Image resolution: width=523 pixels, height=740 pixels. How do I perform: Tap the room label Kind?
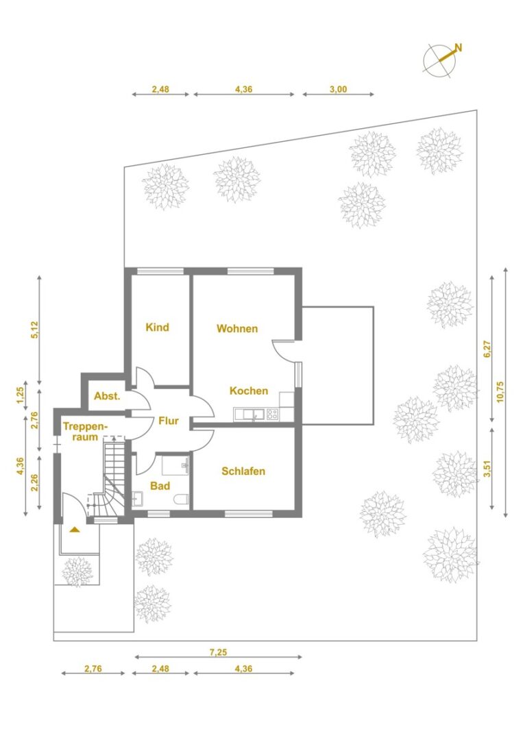[157, 327]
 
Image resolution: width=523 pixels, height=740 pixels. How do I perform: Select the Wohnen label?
[237, 328]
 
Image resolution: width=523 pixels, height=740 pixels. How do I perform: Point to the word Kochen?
[249, 391]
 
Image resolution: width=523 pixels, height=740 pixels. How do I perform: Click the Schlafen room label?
[243, 471]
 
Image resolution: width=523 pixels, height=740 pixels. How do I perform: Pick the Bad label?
[160, 486]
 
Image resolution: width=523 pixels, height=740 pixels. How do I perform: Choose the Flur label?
[169, 421]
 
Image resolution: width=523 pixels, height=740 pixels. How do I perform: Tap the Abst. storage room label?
[107, 396]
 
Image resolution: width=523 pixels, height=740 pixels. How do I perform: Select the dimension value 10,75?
[500, 392]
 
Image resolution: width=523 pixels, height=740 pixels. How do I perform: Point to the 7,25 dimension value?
[218, 652]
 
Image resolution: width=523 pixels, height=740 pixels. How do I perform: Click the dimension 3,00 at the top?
[338, 89]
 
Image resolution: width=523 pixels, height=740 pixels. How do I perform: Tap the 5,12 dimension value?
[34, 330]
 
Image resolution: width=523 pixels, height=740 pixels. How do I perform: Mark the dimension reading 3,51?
[487, 469]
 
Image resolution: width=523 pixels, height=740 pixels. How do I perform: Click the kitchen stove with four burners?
[272, 415]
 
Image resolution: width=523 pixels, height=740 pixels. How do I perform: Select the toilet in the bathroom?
[182, 498]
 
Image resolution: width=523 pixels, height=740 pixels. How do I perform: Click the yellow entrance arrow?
[75, 530]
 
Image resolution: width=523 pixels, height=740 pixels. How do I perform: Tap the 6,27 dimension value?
[487, 349]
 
